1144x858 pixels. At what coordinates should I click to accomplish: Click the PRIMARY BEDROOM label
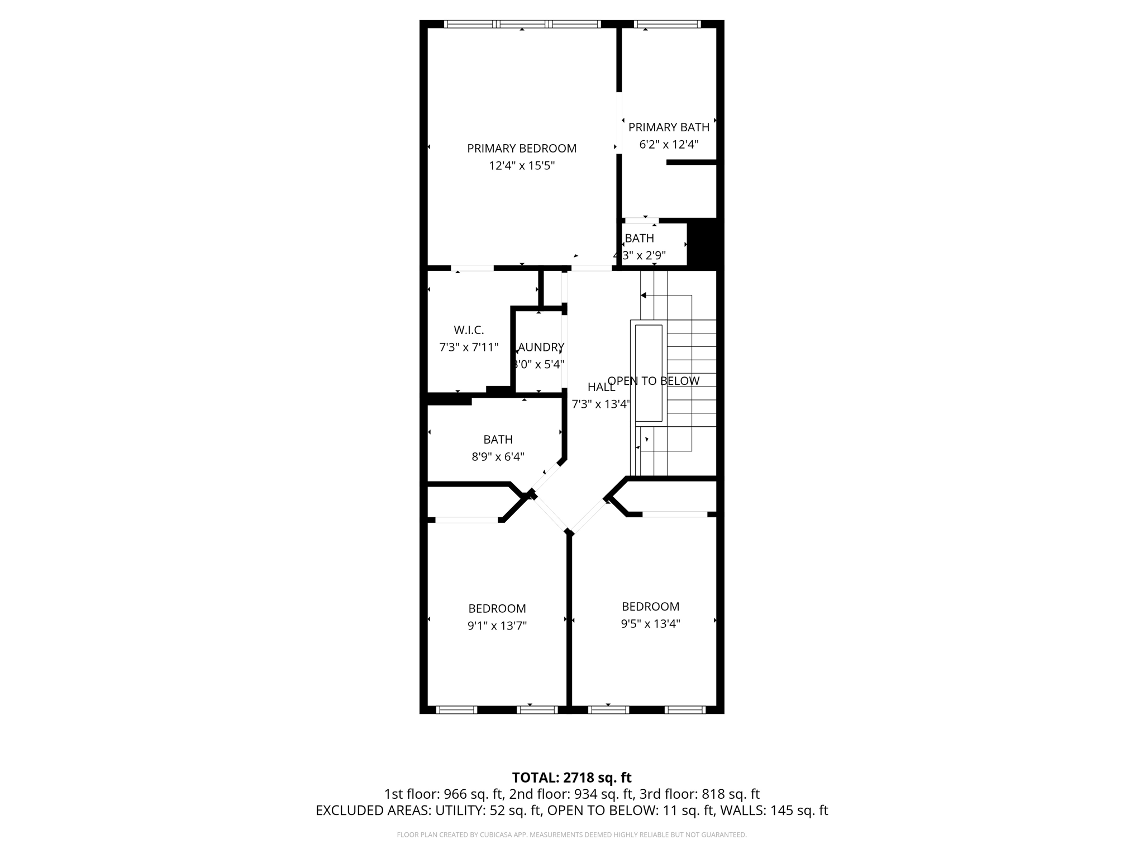[521, 149]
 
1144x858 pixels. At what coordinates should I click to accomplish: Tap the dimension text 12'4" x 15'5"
[521, 166]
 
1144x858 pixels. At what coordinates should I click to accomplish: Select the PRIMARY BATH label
[669, 127]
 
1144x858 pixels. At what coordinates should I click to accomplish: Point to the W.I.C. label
[469, 330]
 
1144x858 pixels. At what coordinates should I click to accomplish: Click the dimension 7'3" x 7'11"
[469, 347]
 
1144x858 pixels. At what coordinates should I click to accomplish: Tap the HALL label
[601, 387]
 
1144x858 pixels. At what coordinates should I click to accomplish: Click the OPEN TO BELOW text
[653, 381]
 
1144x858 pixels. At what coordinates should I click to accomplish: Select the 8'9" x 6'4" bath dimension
[498, 457]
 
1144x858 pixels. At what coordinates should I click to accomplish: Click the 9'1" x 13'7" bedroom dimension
[497, 626]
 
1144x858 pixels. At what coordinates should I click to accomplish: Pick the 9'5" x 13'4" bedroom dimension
[650, 624]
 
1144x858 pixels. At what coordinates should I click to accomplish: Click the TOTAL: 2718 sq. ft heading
[571, 778]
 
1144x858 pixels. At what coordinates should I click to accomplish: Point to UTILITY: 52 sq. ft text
[480, 811]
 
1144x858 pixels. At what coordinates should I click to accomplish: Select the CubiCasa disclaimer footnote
[571, 835]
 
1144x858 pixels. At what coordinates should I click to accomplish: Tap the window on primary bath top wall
[667, 24]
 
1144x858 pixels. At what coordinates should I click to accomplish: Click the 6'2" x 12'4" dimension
[669, 145]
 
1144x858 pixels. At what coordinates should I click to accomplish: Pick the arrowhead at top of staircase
[643, 295]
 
